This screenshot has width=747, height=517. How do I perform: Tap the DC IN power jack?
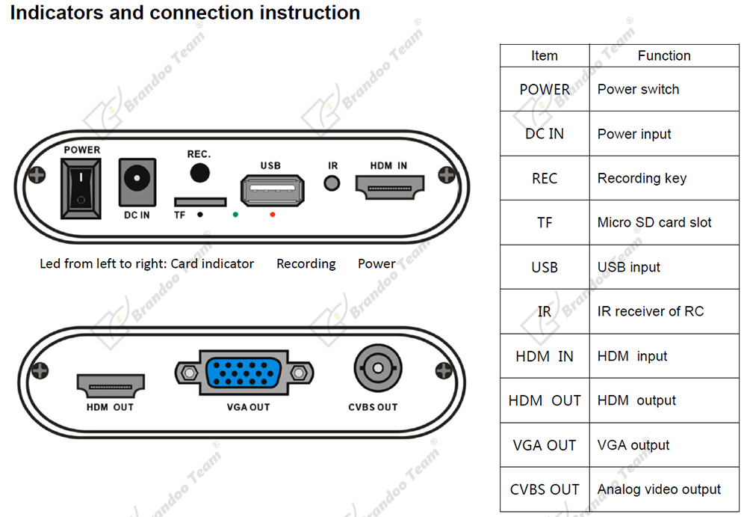[137, 182]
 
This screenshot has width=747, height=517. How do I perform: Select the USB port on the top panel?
[270, 196]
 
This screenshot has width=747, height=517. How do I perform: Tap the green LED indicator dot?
[235, 215]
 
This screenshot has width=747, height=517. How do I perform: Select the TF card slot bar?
[200, 202]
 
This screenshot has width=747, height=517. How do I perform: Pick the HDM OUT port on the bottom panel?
[111, 385]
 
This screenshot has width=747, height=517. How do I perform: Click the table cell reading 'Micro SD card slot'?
[654, 222]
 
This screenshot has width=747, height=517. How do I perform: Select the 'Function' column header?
[663, 55]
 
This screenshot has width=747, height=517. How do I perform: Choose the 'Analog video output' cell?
[659, 489]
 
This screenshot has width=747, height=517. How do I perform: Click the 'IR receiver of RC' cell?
[650, 311]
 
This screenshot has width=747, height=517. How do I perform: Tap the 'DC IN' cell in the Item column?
[545, 134]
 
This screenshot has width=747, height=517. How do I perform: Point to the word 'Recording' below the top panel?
[306, 263]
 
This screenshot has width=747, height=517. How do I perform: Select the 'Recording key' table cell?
[642, 178]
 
